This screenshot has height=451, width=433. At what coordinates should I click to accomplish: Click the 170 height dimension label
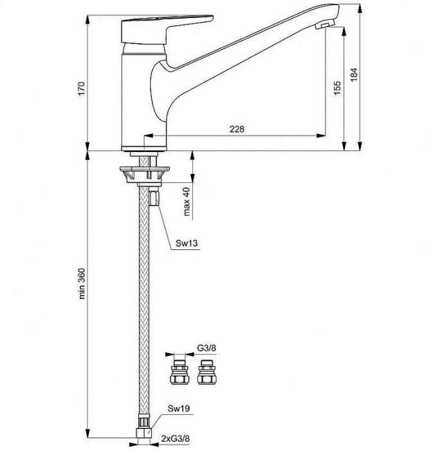point(82,89)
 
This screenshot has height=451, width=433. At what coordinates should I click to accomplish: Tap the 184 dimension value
point(354,75)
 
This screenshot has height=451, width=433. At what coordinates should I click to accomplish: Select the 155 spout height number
point(337,88)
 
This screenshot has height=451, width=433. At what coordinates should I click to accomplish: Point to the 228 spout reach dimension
point(237,129)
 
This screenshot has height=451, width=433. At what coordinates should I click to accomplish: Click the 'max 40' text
point(187,201)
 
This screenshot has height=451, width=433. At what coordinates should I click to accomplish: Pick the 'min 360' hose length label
point(82,283)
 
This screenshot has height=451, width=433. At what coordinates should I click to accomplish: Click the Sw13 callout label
point(187,244)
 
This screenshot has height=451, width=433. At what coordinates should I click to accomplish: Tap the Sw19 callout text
point(179,408)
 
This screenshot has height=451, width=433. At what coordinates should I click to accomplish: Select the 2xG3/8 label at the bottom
point(176,439)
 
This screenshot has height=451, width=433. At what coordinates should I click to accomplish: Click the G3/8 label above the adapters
point(207,348)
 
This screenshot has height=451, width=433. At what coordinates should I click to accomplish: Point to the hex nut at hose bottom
point(145,432)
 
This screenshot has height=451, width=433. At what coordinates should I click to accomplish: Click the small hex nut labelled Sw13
point(154,197)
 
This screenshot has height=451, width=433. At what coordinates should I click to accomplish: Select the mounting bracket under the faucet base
point(144,174)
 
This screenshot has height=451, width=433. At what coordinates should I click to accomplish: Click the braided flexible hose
point(144,299)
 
